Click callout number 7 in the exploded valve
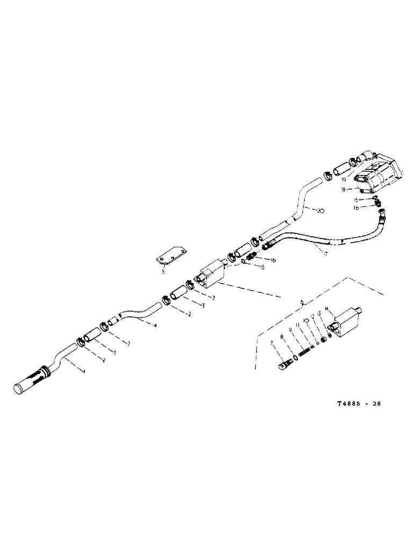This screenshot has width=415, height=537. point(272,343)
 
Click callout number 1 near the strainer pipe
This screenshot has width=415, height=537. point(83,371)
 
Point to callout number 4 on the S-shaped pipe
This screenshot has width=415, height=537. point(155,325)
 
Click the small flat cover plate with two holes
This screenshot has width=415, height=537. point(173,256)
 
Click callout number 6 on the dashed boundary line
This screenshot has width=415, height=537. point(304,303)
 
